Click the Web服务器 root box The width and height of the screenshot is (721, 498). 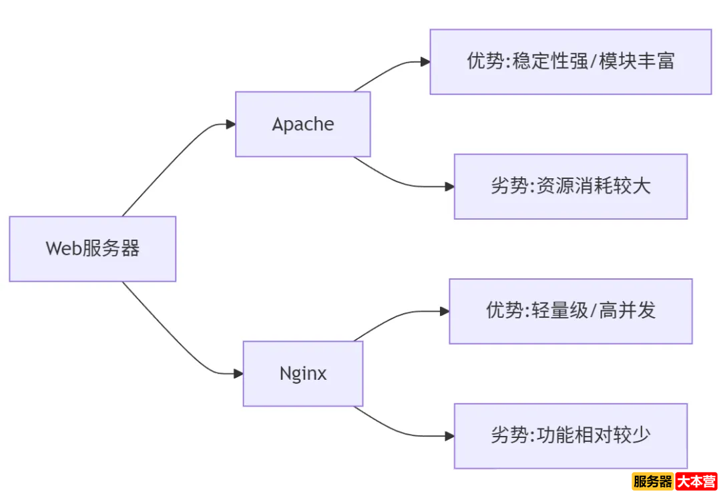(x=92, y=249)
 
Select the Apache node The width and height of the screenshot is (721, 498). (x=302, y=124)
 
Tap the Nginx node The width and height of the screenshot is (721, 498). (x=302, y=373)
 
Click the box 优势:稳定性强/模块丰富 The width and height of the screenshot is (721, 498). (x=570, y=61)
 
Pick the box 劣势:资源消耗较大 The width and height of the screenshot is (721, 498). (x=570, y=186)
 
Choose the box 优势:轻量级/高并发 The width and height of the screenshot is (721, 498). (x=570, y=311)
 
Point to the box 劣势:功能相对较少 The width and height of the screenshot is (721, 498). (x=570, y=435)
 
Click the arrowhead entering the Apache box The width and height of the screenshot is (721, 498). (x=230, y=124)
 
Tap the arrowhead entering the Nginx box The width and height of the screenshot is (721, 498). (x=238, y=373)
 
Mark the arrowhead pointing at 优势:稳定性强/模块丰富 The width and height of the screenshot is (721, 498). (x=425, y=61)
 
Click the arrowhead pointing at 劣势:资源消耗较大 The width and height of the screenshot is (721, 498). (x=449, y=186)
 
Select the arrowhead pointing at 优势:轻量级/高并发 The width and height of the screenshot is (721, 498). (x=444, y=311)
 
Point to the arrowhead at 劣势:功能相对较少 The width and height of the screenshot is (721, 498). (x=449, y=436)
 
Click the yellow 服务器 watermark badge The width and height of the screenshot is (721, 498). (x=652, y=481)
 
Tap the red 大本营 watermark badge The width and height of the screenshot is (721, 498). (x=696, y=481)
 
